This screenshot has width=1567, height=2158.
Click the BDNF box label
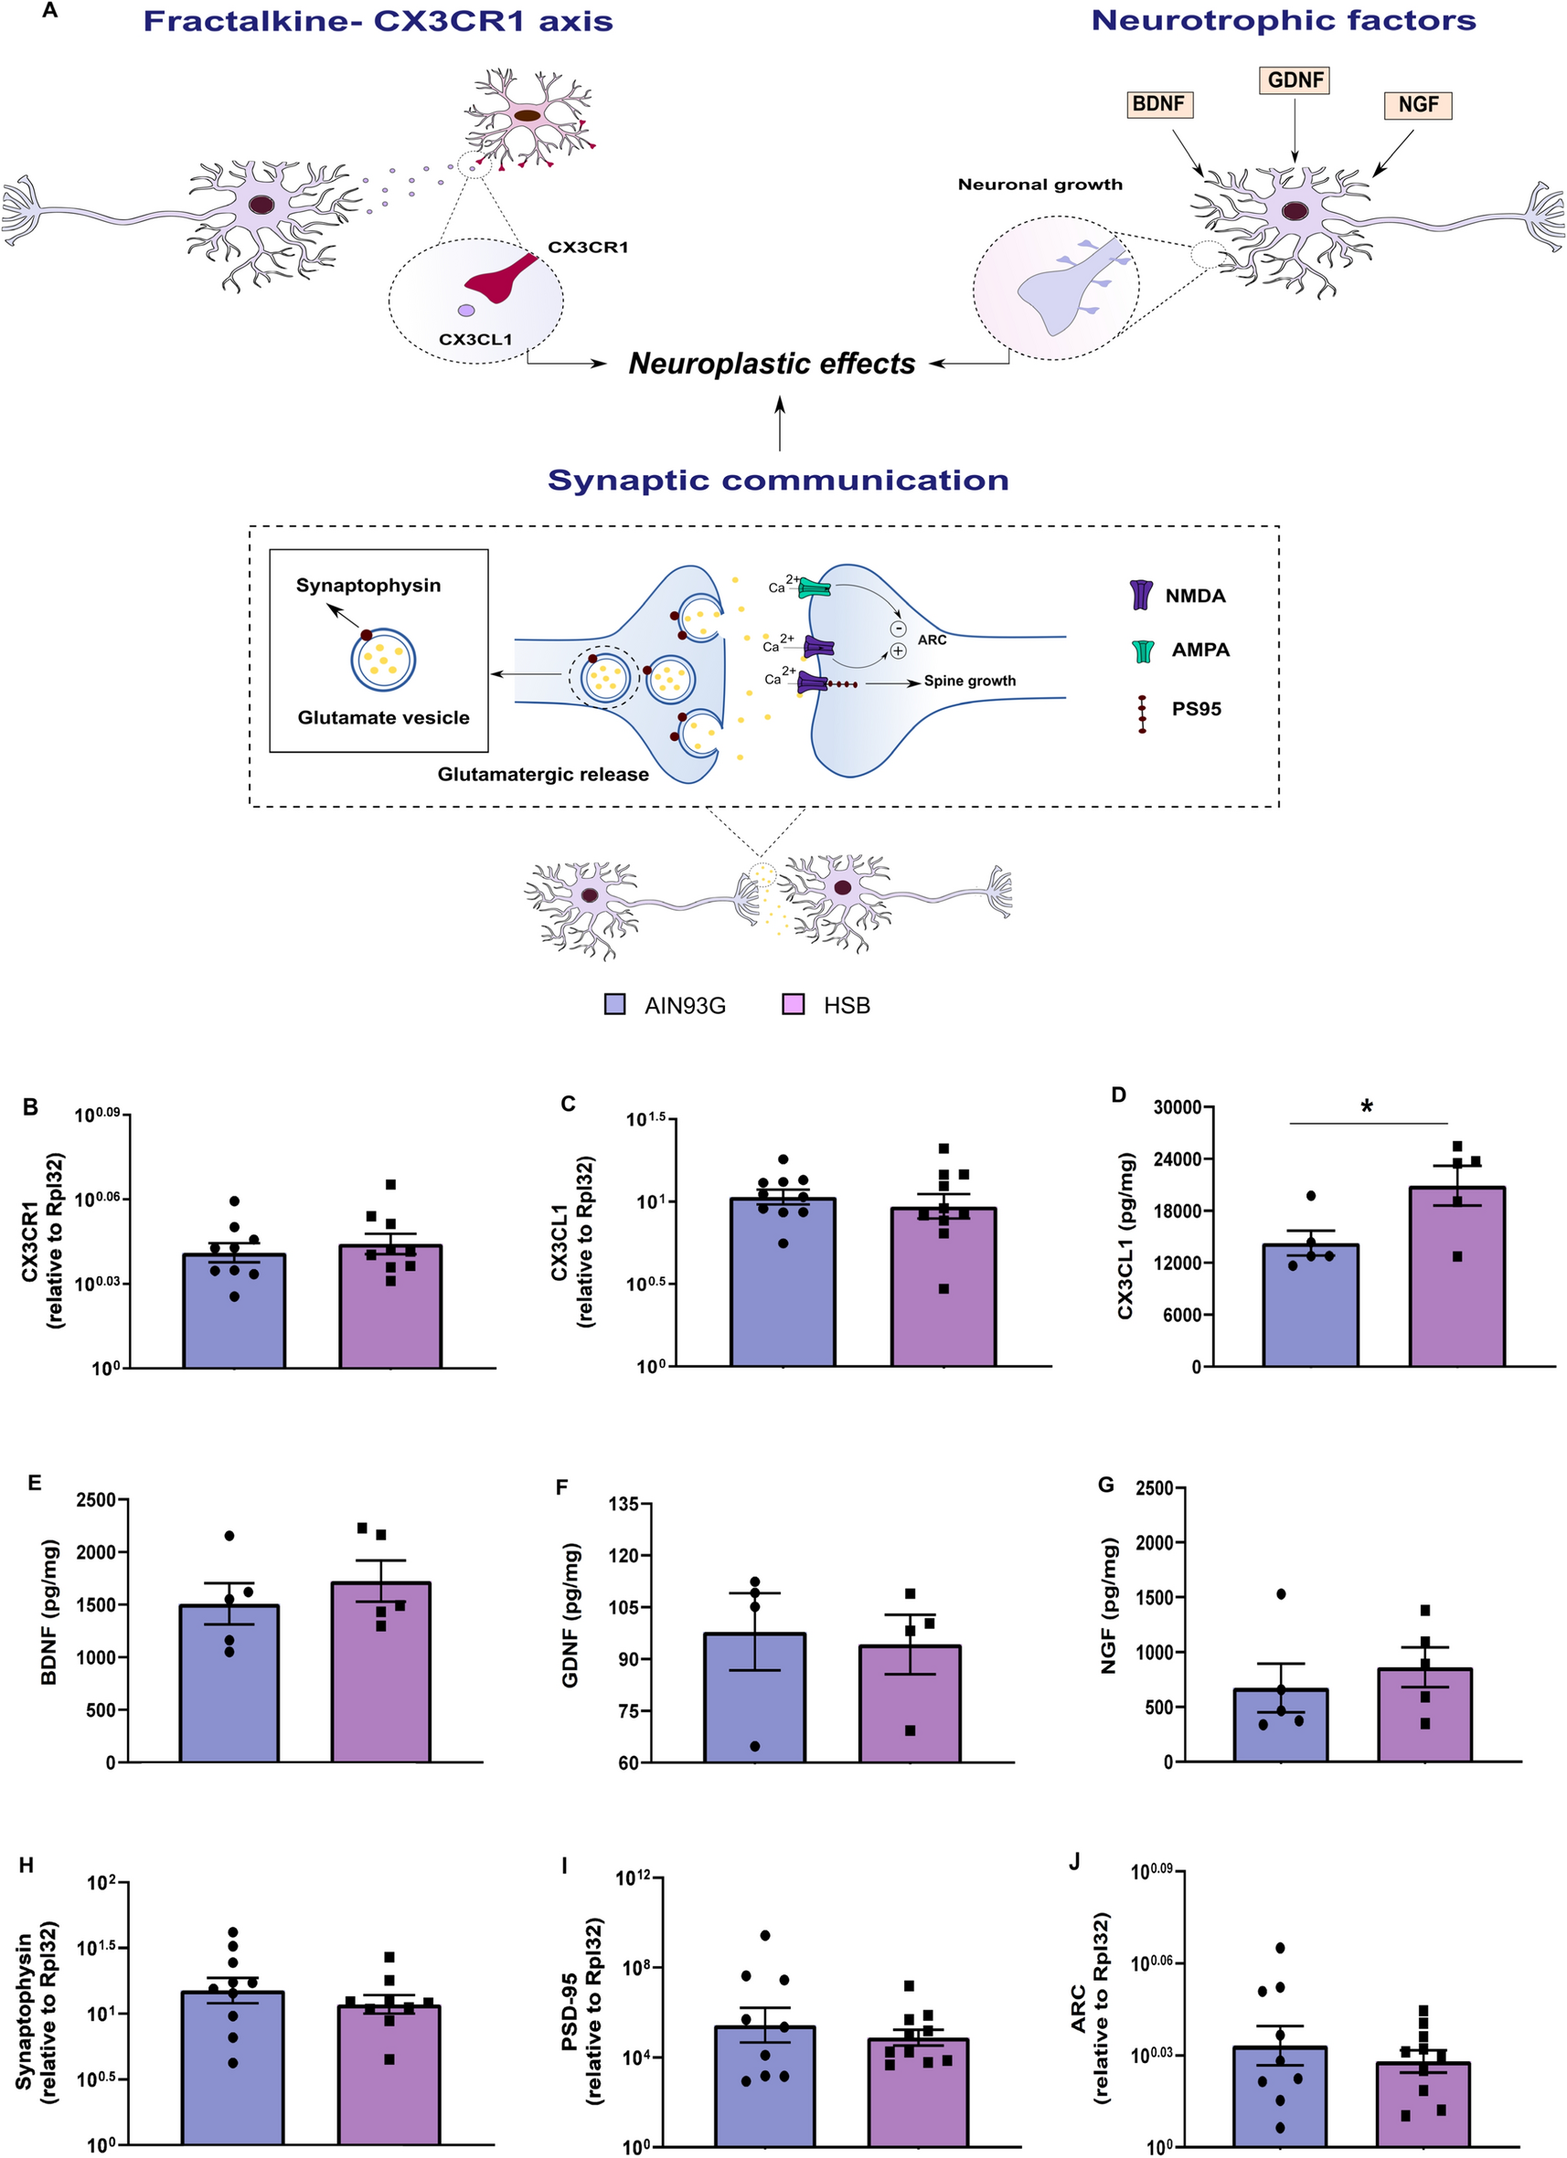pyautogui.click(x=1157, y=104)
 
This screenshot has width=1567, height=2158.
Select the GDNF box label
pyautogui.click(x=1295, y=79)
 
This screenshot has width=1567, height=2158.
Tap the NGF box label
pyautogui.click(x=1418, y=105)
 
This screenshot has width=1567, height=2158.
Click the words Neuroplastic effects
pyautogui.click(x=771, y=364)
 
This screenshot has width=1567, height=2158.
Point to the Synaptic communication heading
pyautogui.click(x=778, y=480)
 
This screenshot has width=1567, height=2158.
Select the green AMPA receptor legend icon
pyautogui.click(x=1143, y=651)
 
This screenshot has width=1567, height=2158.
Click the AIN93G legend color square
pyautogui.click(x=615, y=1005)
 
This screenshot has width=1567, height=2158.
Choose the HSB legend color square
pyautogui.click(x=793, y=1005)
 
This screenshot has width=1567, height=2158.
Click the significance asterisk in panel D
pyautogui.click(x=1367, y=1107)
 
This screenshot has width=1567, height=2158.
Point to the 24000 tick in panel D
pyautogui.click(x=1177, y=1158)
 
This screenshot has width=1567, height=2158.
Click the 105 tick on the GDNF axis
pyautogui.click(x=629, y=1607)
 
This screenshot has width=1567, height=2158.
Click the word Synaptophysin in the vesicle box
pyautogui.click(x=368, y=585)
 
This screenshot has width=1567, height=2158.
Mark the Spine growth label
pyautogui.click(x=969, y=682)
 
